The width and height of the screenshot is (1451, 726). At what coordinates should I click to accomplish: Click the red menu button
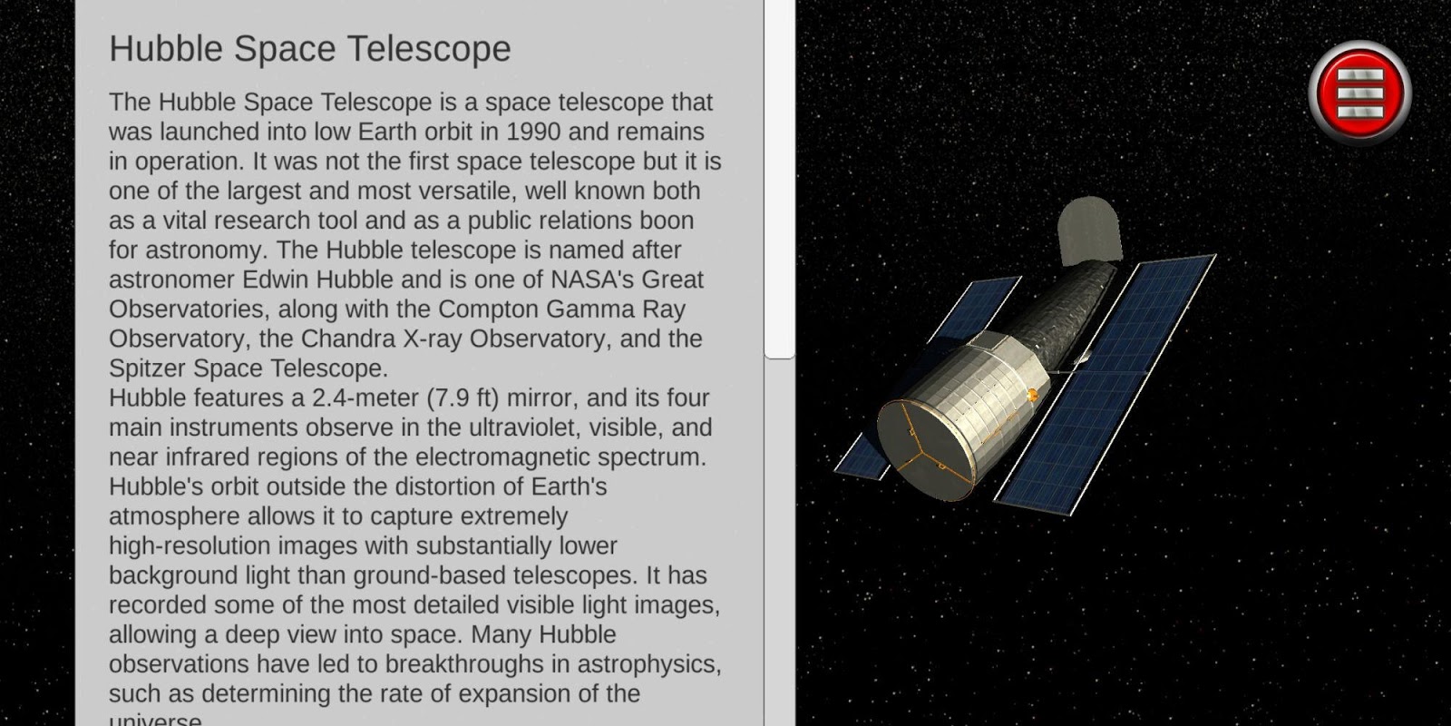(1359, 92)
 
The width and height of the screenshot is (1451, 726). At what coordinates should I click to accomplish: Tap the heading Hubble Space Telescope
(310, 49)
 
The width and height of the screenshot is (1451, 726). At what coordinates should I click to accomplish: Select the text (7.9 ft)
(463, 398)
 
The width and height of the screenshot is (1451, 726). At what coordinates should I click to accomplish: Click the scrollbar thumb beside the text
(779, 178)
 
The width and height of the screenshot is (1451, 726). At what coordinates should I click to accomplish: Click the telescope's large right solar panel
(1105, 385)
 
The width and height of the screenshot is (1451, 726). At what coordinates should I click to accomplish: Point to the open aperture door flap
(1089, 231)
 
